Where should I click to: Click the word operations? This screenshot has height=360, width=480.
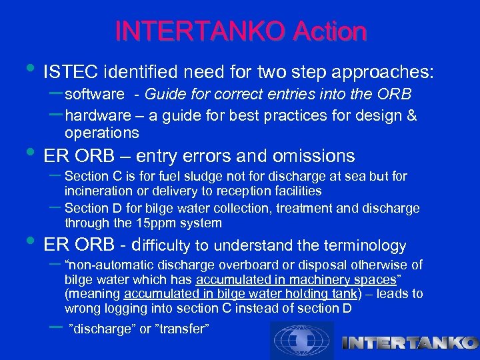[x=101, y=133]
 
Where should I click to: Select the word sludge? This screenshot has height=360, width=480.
[x=186, y=177]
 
